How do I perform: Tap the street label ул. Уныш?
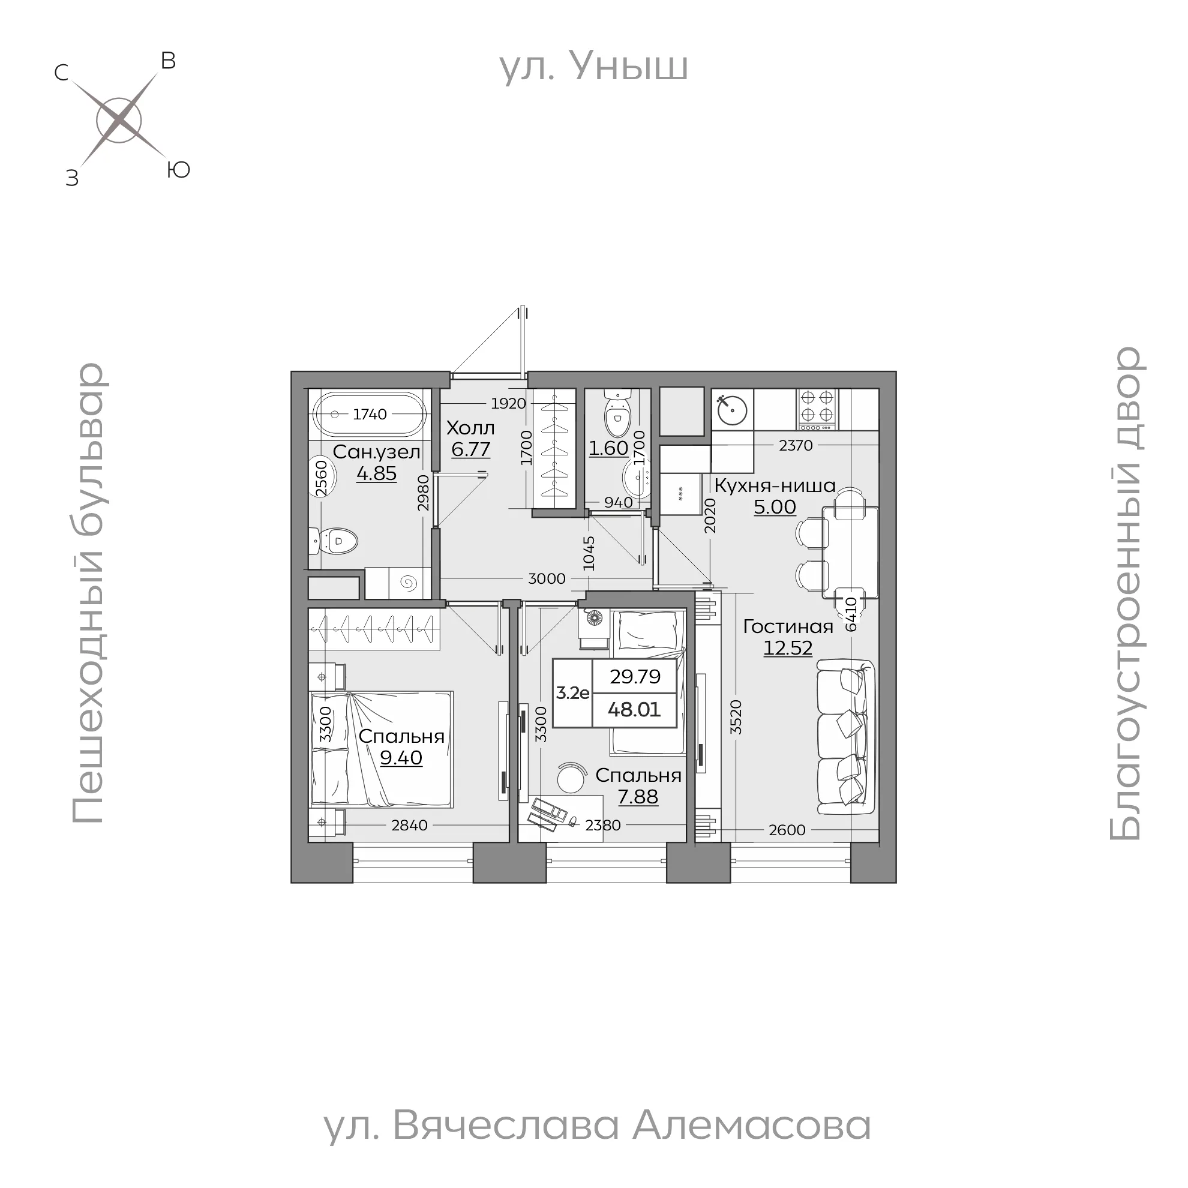point(593,67)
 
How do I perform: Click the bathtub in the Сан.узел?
point(370,414)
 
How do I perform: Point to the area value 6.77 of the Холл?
point(470,449)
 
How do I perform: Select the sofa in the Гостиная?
point(846,733)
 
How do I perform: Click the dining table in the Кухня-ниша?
point(850,551)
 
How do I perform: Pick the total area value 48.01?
point(634,710)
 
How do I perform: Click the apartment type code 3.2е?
point(572,693)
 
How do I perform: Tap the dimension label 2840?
point(410,825)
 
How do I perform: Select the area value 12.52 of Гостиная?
point(788,648)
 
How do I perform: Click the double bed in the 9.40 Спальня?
point(381,748)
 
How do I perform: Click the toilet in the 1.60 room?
point(617,414)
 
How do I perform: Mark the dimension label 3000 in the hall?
point(547,578)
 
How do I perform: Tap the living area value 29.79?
point(635,676)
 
